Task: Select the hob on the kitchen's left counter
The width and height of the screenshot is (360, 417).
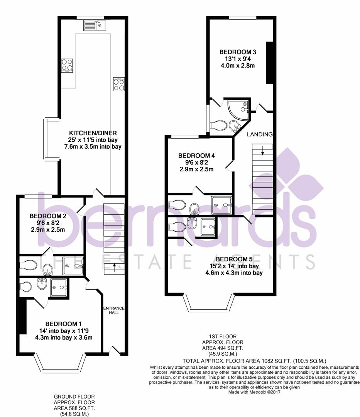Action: coord(67,65)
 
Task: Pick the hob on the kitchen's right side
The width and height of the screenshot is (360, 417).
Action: coord(118,84)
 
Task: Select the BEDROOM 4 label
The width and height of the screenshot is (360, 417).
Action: coord(196,156)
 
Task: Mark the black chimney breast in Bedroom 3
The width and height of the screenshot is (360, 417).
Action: coord(270,62)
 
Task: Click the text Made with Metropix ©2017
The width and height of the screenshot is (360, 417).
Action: coord(254,392)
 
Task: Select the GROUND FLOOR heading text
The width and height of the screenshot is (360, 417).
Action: coord(74,397)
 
